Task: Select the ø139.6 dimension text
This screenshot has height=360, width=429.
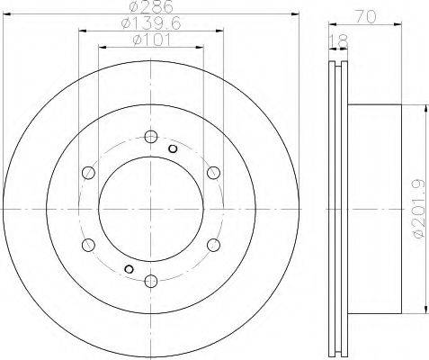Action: coord(152,23)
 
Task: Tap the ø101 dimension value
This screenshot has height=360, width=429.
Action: coord(152,40)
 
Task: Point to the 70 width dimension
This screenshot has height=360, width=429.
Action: coord(365,17)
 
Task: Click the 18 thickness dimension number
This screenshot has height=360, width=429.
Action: coord(338,41)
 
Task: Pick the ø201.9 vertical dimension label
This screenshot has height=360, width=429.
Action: coord(419,209)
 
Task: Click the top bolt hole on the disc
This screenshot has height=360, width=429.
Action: coord(151,137)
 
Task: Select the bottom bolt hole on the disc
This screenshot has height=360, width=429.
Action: coord(151,281)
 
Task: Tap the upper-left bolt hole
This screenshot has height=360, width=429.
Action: coord(88,173)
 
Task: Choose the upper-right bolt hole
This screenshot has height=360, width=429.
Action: coord(213,173)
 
